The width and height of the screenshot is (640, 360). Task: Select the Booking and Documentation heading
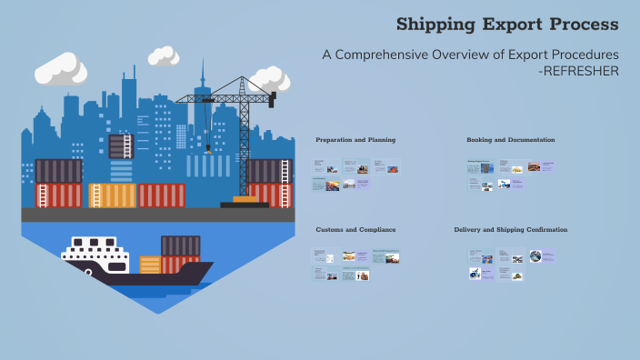[510, 140]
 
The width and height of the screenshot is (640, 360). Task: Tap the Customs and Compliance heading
[355, 230]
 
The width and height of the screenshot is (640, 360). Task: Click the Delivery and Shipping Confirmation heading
[510, 230]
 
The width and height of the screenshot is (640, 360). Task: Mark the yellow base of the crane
[245, 198]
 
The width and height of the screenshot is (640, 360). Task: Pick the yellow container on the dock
[112, 195]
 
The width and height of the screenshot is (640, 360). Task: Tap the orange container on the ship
[150, 265]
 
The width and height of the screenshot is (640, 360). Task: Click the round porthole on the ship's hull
[88, 271]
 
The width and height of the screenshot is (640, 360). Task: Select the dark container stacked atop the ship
[180, 245]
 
